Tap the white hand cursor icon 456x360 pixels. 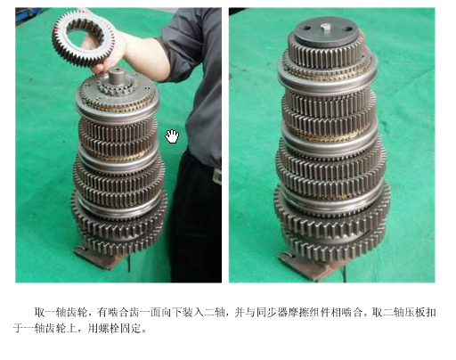(x=172, y=136)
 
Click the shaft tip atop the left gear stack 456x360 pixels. (x=117, y=76)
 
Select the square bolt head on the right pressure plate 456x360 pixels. (x=326, y=28)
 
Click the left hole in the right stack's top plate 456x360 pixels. (x=305, y=29)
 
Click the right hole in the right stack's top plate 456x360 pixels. (x=347, y=29)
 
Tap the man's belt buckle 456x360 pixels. (x=217, y=176)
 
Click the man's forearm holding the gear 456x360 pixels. (x=145, y=56)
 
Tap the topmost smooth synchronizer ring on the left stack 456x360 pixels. (x=117, y=111)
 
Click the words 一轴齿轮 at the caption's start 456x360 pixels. (x=61, y=312)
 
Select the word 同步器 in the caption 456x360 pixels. (x=272, y=312)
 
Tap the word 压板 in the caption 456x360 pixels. (x=414, y=312)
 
